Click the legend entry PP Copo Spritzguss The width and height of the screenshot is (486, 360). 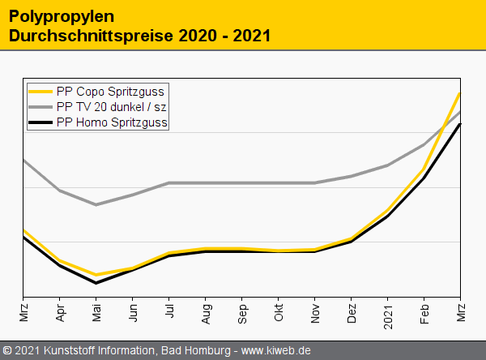110,92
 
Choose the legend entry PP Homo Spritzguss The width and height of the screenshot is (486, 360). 112,122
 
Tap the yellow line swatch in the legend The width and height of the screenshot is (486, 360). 40,92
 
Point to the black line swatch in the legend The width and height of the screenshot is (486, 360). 40,122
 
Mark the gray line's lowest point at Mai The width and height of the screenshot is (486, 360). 96,204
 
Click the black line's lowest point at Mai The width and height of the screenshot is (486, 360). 96,283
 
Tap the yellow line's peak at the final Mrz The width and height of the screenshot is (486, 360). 460,93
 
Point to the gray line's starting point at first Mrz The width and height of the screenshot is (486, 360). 23,160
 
